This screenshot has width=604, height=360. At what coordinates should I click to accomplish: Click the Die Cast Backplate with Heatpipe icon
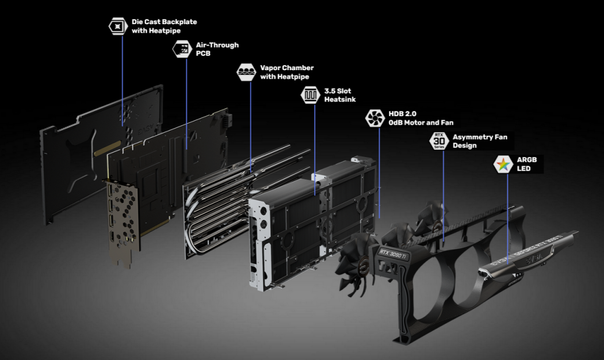click(117, 26)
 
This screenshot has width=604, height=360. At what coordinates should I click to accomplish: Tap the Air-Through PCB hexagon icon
click(182, 49)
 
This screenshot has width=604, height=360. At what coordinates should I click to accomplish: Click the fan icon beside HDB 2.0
click(374, 118)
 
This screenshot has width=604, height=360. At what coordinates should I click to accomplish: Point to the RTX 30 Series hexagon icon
click(439, 141)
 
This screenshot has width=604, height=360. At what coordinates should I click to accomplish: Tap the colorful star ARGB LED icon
click(503, 164)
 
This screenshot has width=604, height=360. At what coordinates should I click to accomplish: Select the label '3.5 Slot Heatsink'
click(340, 95)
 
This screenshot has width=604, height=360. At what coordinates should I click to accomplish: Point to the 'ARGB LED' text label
click(527, 164)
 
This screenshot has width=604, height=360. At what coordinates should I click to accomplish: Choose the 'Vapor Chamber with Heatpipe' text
click(286, 72)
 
